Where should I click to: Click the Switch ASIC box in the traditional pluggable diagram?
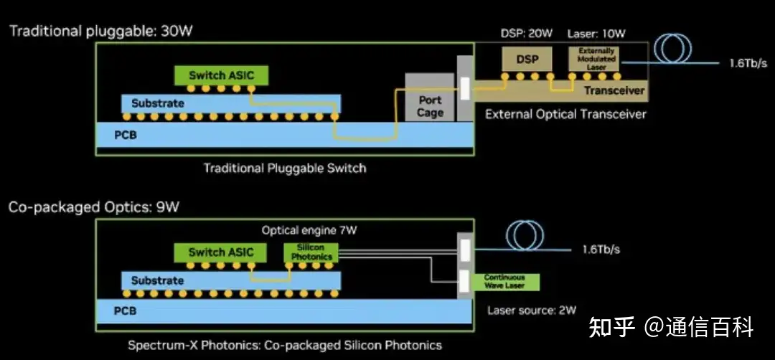click(x=221, y=75)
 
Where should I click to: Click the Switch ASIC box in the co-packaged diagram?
click(x=220, y=252)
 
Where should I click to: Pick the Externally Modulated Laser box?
click(x=597, y=59)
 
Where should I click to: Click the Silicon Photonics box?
click(x=311, y=252)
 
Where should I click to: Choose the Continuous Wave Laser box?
click(x=504, y=281)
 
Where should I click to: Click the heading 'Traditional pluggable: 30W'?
click(x=101, y=32)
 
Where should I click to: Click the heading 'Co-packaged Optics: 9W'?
click(x=94, y=207)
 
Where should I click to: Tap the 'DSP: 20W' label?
click(x=526, y=34)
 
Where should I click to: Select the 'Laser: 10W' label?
click(x=597, y=34)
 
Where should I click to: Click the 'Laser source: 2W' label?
click(x=532, y=311)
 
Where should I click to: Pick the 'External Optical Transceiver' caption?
click(x=565, y=114)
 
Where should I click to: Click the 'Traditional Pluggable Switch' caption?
click(x=284, y=169)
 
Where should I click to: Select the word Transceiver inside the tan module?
click(x=614, y=90)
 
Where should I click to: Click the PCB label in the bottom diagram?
click(x=125, y=311)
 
